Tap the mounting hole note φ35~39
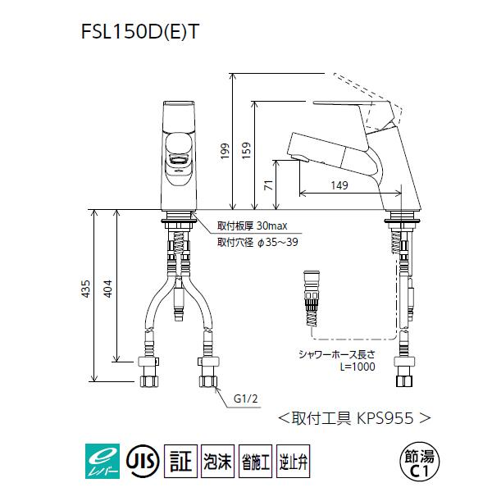click(253, 243)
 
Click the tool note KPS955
click(353, 417)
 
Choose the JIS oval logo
click(140, 456)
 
